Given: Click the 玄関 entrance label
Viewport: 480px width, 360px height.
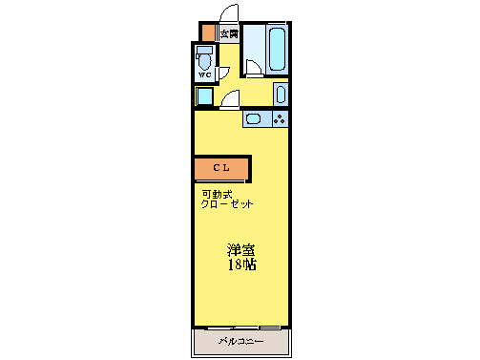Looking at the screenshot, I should (x=228, y=33).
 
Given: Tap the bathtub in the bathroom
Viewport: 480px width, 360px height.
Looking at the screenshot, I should (x=277, y=49).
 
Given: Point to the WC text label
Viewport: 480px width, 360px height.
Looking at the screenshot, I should (x=205, y=74).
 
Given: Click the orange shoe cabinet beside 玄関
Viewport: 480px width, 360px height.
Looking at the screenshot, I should (x=207, y=32).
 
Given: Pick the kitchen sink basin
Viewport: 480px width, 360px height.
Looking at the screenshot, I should (x=258, y=119).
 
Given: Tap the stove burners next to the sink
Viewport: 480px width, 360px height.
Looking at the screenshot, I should (x=281, y=119).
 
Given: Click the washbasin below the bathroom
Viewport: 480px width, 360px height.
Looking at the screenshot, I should (x=280, y=94).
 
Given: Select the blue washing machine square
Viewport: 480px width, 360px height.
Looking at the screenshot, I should (x=204, y=95).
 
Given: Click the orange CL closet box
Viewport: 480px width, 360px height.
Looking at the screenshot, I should (x=221, y=169).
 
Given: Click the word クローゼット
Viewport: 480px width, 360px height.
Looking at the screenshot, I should (x=227, y=205).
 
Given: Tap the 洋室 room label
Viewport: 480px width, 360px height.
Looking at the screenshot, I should (x=240, y=250).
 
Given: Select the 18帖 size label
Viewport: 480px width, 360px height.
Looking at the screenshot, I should (x=240, y=265).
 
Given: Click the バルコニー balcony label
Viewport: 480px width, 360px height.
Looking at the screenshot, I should (x=240, y=341).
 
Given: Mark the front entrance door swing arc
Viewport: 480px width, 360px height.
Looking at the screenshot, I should (x=229, y=13).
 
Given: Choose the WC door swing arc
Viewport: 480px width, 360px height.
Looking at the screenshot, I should (x=223, y=73).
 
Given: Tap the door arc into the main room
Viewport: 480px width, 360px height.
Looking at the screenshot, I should (x=231, y=98).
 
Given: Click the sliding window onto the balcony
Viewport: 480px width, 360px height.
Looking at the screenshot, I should (x=241, y=328).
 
